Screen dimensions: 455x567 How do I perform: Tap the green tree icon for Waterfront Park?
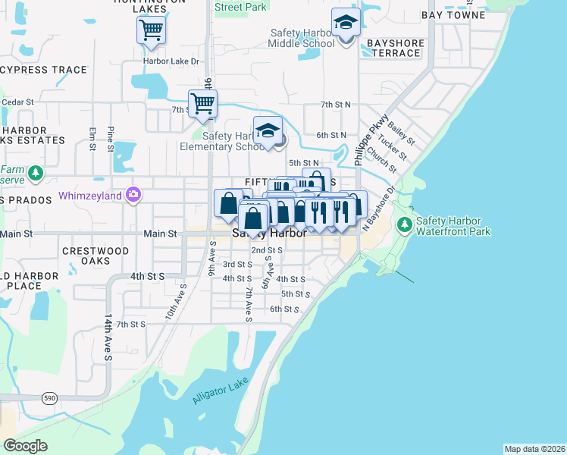pyautogui.click(x=404, y=224)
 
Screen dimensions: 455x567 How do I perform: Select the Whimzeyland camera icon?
pyautogui.click(x=133, y=195)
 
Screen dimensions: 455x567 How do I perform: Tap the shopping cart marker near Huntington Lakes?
pyautogui.click(x=152, y=30)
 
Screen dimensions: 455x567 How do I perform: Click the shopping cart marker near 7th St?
pyautogui.click(x=202, y=102)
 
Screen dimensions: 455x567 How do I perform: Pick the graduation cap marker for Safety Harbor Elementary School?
pyautogui.click(x=268, y=130)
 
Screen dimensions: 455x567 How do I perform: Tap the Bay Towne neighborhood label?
pyautogui.click(x=453, y=14)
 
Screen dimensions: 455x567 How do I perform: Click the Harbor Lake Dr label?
pyautogui.click(x=171, y=61)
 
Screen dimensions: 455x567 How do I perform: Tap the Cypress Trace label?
pyautogui.click(x=44, y=70)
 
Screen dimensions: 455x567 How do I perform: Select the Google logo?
pyautogui.click(x=25, y=446)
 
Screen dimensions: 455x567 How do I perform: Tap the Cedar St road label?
pyautogui.click(x=18, y=102)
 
